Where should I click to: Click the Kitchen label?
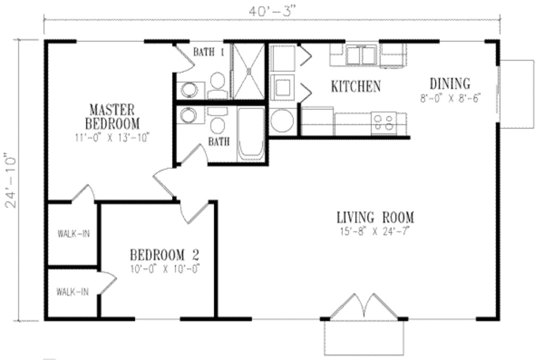pyautogui.click(x=355, y=86)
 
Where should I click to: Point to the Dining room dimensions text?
pyautogui.click(x=450, y=99)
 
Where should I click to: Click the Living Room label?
pyautogui.click(x=375, y=218)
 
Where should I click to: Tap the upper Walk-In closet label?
pyautogui.click(x=73, y=233)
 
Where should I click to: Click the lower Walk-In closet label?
pyautogui.click(x=73, y=291)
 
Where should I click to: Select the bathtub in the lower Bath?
pyautogui.click(x=251, y=134)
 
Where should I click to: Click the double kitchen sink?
pyautogui.click(x=362, y=55)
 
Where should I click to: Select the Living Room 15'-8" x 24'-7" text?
pyautogui.click(x=375, y=231)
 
